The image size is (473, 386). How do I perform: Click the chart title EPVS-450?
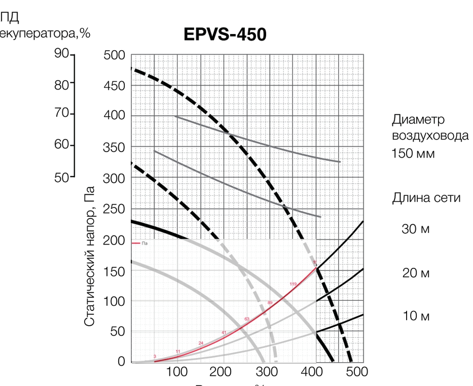pos(225,34)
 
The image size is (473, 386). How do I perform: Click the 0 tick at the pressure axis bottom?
pos(121,362)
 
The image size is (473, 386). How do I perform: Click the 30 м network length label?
pos(416,229)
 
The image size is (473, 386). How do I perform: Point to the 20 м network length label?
pos(416,274)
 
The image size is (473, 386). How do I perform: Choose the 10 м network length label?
pos(416,317)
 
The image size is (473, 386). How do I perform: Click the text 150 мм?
pos(413,153)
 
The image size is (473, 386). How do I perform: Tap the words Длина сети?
pos(426,198)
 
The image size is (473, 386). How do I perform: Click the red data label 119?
pos(293,284)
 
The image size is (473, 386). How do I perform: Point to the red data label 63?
pos(247,319)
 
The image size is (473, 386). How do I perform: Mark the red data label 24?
pos(201,343)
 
